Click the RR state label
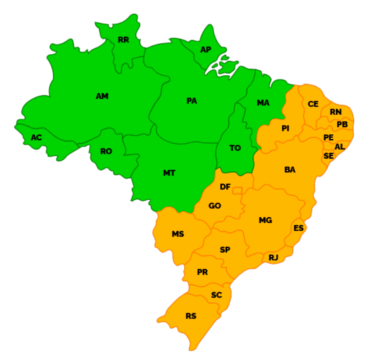point(124,40)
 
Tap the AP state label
point(206,50)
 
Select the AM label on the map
point(102,96)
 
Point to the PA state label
point(192,101)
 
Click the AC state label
point(37,138)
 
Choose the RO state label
point(106,151)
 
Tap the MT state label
point(169,173)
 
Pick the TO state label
point(235,148)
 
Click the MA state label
point(263,103)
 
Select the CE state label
point(313,104)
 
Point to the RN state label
point(336,112)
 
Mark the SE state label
point(329,156)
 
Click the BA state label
point(290,169)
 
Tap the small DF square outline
point(237,190)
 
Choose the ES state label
point(299,228)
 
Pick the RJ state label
point(273,257)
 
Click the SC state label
point(216,295)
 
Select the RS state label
point(191,316)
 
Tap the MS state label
point(178,234)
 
